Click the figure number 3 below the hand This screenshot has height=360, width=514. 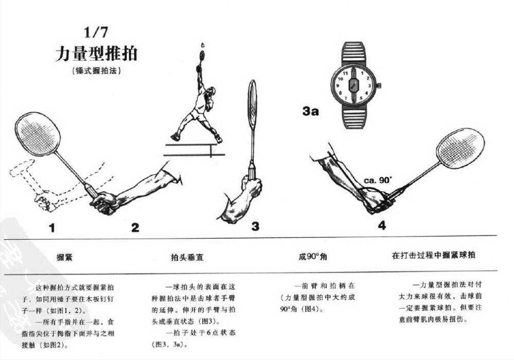point(255,226)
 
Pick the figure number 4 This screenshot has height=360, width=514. point(382,225)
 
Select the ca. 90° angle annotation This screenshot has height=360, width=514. point(378,180)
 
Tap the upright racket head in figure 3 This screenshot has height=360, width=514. point(252,104)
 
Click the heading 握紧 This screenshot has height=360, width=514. point(64,256)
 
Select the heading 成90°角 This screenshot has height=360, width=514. point(313,256)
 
